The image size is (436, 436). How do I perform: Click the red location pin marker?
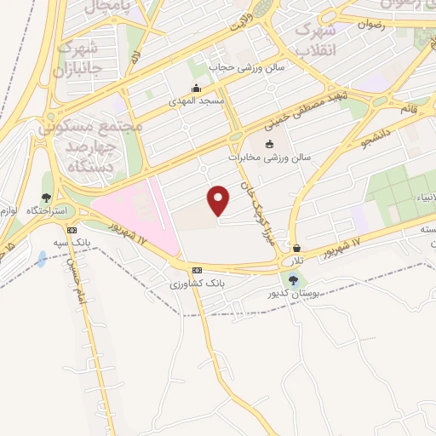[220, 200]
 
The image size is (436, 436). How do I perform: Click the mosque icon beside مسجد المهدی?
[198, 88]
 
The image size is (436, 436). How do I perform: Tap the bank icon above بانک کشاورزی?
[198, 270]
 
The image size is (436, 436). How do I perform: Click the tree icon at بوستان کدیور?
[294, 280]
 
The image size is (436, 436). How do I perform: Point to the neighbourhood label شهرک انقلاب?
[316, 38]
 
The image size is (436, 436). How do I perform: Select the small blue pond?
[41, 259]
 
